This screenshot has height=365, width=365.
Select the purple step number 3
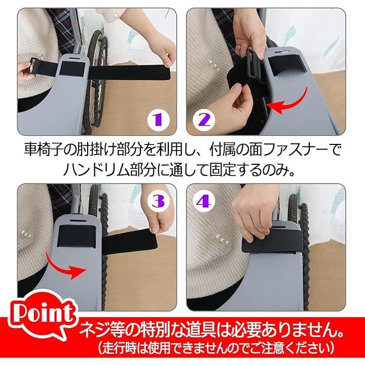click(158, 201)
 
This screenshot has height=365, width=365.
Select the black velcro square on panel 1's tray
click(72, 70)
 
